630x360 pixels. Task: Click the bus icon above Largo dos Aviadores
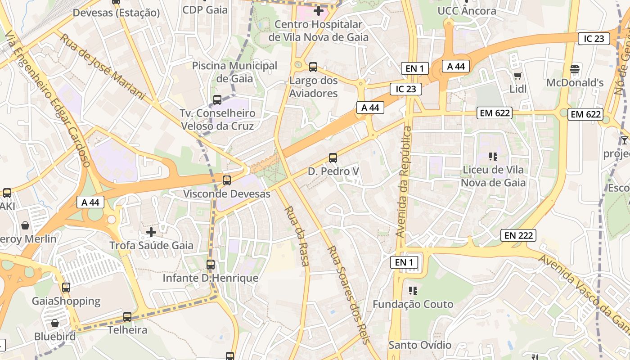coord(313,67)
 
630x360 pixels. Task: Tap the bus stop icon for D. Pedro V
coord(333,158)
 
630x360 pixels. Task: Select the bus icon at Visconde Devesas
coord(227,180)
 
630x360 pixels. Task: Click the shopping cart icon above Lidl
coord(517,76)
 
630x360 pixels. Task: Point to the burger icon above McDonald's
coord(575,69)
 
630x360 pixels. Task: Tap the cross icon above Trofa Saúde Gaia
coord(151,232)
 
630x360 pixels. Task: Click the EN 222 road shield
coord(518,235)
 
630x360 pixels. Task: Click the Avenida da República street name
coord(404,182)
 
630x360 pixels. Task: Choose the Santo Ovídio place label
coord(420,345)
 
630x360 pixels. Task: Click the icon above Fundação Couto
coord(413,291)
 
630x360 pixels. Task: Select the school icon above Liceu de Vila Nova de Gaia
coord(493,157)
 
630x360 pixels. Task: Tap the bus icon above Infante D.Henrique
coord(211,265)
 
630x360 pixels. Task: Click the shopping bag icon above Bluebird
coord(54,323)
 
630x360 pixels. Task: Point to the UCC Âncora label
coord(467,11)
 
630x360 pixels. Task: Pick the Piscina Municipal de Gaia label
coord(234,72)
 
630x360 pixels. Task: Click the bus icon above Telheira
coord(127,317)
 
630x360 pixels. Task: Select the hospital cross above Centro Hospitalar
coord(319,10)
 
